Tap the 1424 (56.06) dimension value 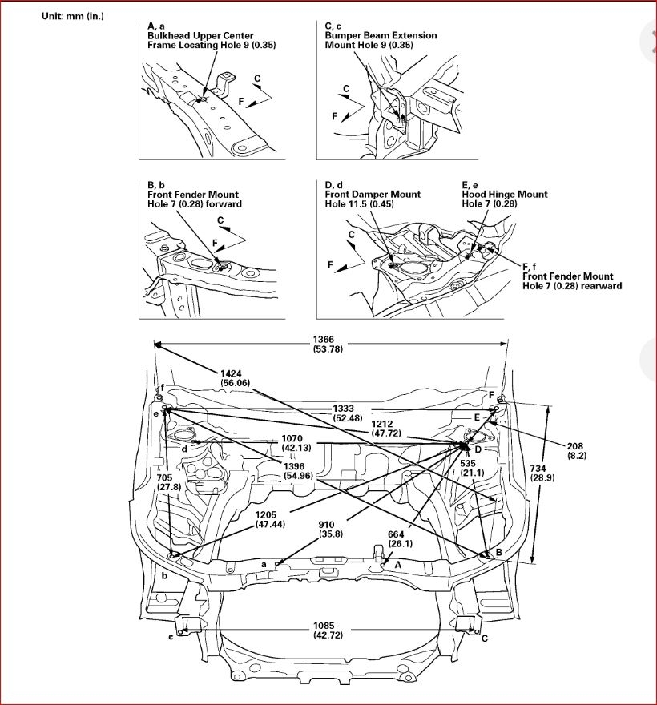click(x=236, y=377)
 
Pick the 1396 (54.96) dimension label click(x=300, y=471)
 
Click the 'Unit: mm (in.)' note click(x=73, y=16)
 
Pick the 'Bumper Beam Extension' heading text click(x=381, y=36)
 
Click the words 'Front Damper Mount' click(x=373, y=195)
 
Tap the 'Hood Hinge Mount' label click(x=505, y=195)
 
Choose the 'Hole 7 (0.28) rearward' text click(x=572, y=286)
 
